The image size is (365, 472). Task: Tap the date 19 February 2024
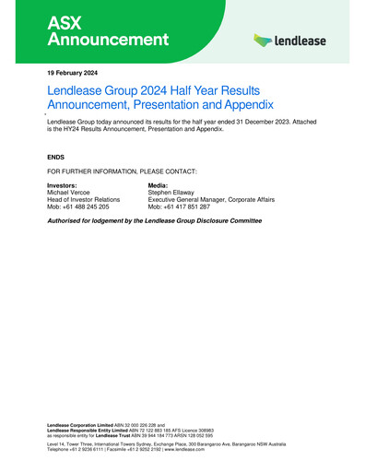(72, 72)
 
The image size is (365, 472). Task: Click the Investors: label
(65, 185)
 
